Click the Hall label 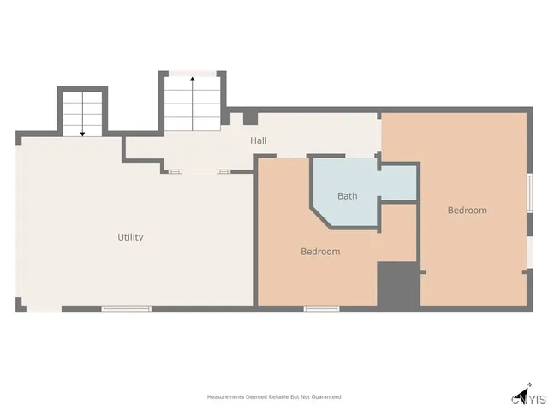click(258, 140)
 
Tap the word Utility click(130, 237)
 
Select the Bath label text click(347, 196)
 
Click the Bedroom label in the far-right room click(467, 211)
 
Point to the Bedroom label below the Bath click(319, 252)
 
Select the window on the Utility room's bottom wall click(127, 308)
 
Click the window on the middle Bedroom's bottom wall click(321, 308)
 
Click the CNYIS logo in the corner click(528, 398)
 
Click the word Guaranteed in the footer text click(325, 397)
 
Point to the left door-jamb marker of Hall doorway click(175, 171)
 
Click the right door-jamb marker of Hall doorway click(223, 171)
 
